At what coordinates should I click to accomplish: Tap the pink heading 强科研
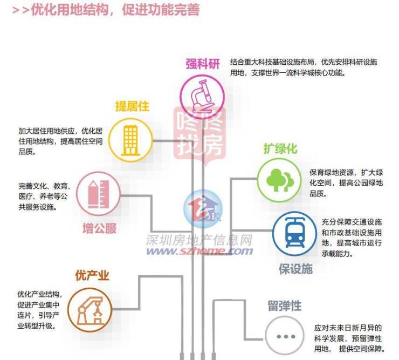coord(203,64)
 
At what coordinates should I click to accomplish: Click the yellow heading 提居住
coord(132,106)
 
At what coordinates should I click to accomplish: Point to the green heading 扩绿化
coord(280,148)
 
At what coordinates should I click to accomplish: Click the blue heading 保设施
coord(295,268)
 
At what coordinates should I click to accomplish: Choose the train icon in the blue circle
coord(294,233)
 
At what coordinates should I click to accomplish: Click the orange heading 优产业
coord(92,276)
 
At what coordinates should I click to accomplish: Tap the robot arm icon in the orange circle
coord(90,309)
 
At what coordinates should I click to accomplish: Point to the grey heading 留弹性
coord(284,306)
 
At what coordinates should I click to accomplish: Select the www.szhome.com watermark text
coord(200,251)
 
